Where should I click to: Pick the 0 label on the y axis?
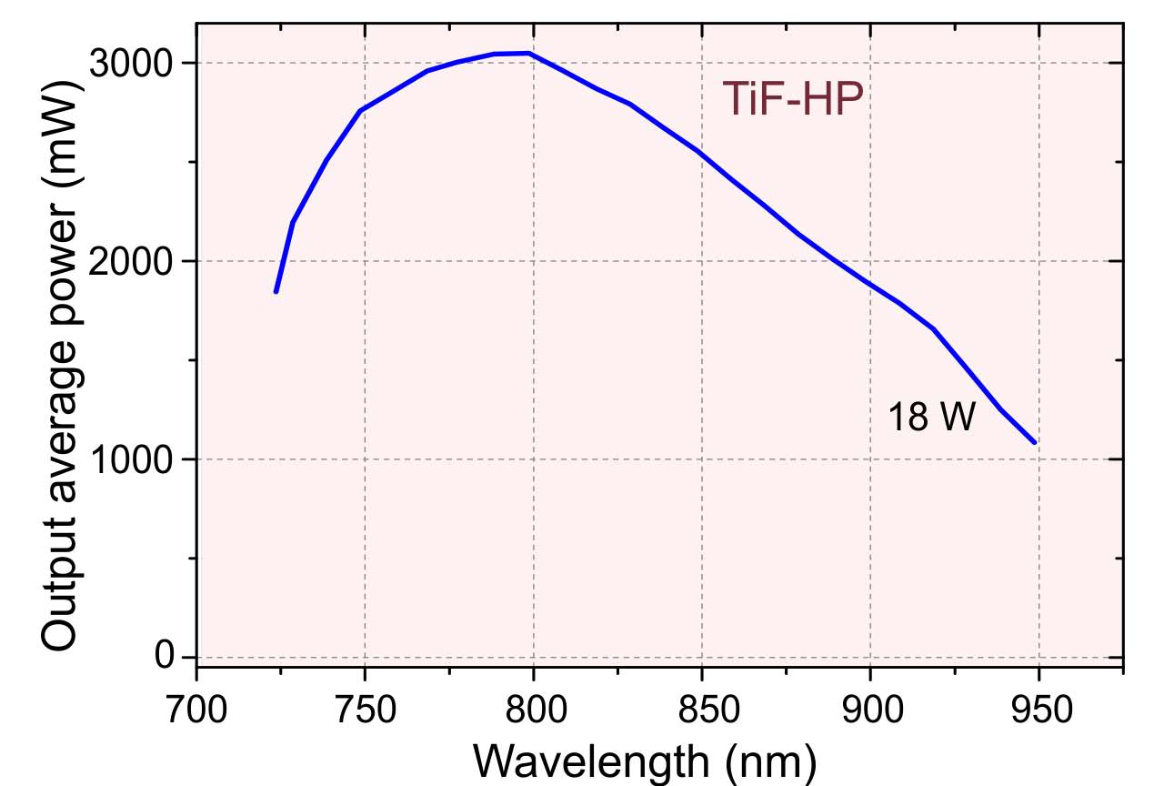coord(164,655)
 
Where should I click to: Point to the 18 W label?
coord(930,418)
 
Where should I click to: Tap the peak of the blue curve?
coord(528,53)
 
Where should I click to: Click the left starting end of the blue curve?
coord(276,291)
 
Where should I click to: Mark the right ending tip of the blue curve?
coord(1035,442)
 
